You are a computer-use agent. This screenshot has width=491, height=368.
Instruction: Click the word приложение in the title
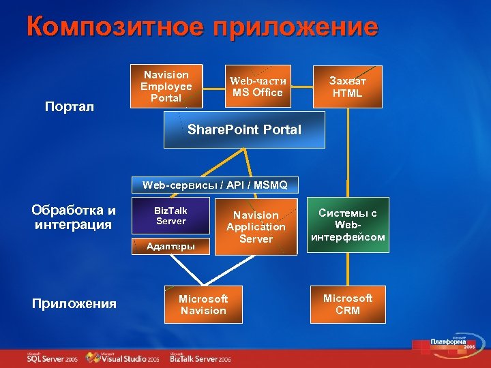295,27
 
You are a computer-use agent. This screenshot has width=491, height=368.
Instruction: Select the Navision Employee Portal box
166,87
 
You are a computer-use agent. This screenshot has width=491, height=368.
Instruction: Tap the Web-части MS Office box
257,87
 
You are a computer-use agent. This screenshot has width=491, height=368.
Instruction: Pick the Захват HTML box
347,87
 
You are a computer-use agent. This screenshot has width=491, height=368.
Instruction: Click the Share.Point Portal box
244,129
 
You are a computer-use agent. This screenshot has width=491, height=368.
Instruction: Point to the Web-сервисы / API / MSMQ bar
215,185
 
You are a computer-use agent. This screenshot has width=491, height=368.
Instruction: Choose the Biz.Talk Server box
170,215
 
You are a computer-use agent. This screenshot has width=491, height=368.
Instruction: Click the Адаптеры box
170,246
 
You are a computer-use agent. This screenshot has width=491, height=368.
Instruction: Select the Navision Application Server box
256,227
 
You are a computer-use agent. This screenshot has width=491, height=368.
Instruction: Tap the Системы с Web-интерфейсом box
348,226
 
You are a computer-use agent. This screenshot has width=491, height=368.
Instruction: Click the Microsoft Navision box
203,305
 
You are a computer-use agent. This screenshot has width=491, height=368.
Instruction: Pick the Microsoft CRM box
348,305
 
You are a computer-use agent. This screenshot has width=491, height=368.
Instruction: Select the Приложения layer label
74,303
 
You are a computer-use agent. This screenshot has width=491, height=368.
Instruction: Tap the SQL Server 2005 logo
52,357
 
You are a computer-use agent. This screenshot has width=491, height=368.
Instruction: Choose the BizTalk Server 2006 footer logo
200,357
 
